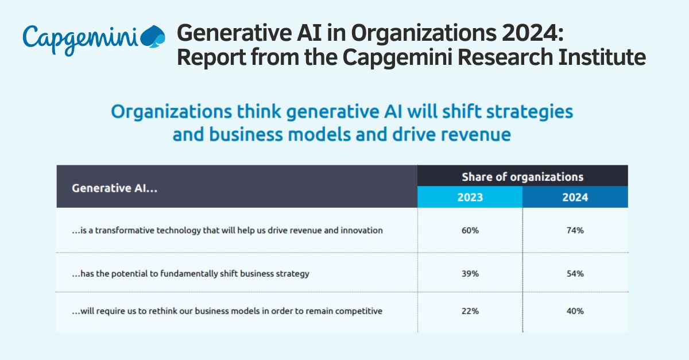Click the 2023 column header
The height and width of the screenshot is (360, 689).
pyautogui.click(x=470, y=198)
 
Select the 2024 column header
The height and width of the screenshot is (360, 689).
pyautogui.click(x=575, y=198)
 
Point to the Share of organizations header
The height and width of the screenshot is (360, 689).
pyautogui.click(x=522, y=177)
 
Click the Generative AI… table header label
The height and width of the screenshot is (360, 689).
pyautogui.click(x=114, y=188)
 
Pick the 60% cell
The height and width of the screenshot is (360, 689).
pyautogui.click(x=470, y=230)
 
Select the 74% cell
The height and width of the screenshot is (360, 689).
pyautogui.click(x=575, y=230)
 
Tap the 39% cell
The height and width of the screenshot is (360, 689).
pyautogui.click(x=470, y=274)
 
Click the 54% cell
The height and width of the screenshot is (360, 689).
pyautogui.click(x=575, y=274)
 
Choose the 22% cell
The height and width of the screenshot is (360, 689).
pyautogui.click(x=470, y=311)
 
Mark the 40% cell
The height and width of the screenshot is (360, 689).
pyautogui.click(x=575, y=311)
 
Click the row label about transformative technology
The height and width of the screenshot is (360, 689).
pyautogui.click(x=227, y=230)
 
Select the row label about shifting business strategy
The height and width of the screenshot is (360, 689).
pyautogui.click(x=191, y=274)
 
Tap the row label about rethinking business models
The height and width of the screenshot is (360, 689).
pyautogui.click(x=227, y=311)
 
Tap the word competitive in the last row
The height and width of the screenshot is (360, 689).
pyautogui.click(x=361, y=311)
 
